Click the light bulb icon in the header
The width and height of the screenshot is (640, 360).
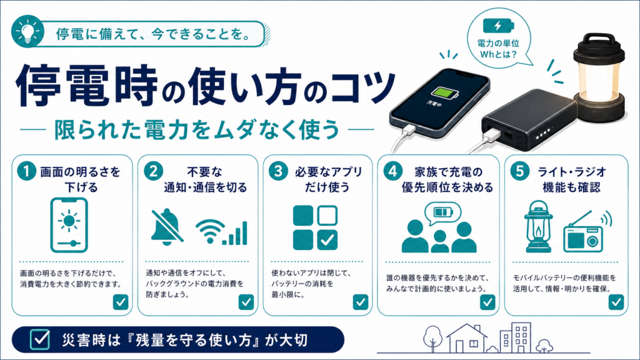(27, 31)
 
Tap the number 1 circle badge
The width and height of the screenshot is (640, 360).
(26, 171)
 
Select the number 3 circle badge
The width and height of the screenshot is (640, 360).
(278, 171)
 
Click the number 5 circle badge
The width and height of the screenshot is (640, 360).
(520, 171)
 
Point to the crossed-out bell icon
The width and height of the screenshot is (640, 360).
(166, 227)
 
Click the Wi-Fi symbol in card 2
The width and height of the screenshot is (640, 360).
(210, 231)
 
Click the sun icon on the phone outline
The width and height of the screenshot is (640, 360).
(69, 221)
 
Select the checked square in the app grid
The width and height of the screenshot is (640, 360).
(327, 240)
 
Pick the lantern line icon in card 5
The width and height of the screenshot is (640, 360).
(538, 226)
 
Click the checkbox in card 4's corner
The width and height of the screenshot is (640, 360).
(487, 302)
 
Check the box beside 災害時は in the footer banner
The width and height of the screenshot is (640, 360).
(40, 339)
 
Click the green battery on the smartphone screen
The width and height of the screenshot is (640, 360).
(445, 94)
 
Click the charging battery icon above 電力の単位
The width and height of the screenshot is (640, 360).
(498, 26)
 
